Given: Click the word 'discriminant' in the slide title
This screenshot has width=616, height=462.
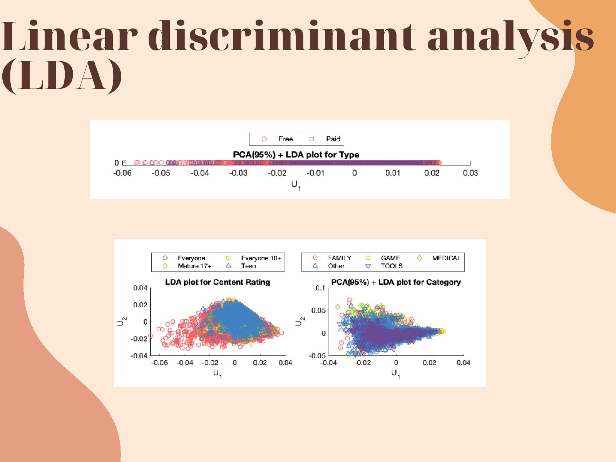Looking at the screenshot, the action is pyautogui.click(x=281, y=36).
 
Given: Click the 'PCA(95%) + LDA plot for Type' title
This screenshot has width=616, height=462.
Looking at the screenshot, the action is pyautogui.click(x=296, y=154).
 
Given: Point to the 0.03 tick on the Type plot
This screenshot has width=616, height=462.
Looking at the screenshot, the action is pyautogui.click(x=470, y=173).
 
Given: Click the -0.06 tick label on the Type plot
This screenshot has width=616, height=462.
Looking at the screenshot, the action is pyautogui.click(x=122, y=173).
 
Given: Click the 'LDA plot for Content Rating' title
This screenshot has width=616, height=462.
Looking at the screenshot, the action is pyautogui.click(x=218, y=282).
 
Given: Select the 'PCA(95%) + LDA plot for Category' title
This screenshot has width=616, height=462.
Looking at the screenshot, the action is pyautogui.click(x=396, y=282).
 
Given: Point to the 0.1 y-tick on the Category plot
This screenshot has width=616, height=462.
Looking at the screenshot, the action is pyautogui.click(x=320, y=288).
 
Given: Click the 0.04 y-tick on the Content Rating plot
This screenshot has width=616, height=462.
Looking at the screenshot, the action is pyautogui.click(x=140, y=288).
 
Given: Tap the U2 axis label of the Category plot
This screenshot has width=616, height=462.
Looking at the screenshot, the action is pyautogui.click(x=300, y=321).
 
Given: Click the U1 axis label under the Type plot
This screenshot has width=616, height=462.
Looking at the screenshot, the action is pyautogui.click(x=296, y=186).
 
